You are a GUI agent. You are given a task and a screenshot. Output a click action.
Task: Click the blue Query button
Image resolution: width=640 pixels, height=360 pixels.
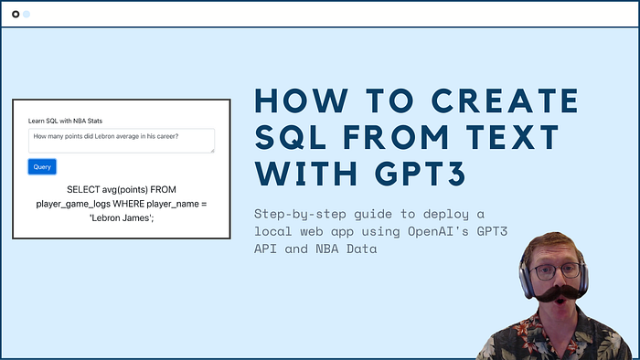click(42, 166)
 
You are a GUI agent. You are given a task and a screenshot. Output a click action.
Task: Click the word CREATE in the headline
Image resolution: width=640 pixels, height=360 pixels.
click(506, 101)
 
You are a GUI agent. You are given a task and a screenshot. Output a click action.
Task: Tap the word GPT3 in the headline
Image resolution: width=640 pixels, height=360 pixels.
click(421, 175)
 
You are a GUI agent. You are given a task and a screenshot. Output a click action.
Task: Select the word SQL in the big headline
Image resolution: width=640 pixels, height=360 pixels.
click(291, 137)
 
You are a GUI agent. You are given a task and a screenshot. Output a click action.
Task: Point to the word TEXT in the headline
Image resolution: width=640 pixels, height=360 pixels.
click(513, 137)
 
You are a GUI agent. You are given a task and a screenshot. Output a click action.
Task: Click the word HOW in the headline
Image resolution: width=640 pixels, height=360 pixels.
click(301, 101)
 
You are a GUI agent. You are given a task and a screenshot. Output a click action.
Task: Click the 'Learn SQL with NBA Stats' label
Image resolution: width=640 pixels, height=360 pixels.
click(65, 121)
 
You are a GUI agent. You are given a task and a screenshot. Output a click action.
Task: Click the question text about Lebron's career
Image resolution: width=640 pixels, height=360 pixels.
click(106, 136)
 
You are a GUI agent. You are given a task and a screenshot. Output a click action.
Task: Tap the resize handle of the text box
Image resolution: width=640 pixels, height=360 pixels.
click(212, 151)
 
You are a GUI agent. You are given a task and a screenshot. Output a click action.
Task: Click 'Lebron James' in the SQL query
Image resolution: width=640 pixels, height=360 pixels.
click(122, 218)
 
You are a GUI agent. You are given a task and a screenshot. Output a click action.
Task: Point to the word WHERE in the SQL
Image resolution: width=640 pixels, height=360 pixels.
click(129, 204)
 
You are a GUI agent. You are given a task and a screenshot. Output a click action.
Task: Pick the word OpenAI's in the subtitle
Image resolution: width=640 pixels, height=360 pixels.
click(438, 231)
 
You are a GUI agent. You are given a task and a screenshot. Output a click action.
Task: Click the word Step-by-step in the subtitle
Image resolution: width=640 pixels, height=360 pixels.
click(300, 214)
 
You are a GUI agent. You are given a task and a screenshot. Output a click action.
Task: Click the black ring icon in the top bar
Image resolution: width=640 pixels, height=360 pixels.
click(16, 15)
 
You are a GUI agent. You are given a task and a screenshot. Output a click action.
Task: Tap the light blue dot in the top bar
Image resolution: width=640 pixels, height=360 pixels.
click(27, 15)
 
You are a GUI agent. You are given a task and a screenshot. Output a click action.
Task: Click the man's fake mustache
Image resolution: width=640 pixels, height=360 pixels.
click(559, 293)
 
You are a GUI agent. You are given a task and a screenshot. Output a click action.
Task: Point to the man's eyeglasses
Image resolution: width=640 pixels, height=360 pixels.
click(558, 271)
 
